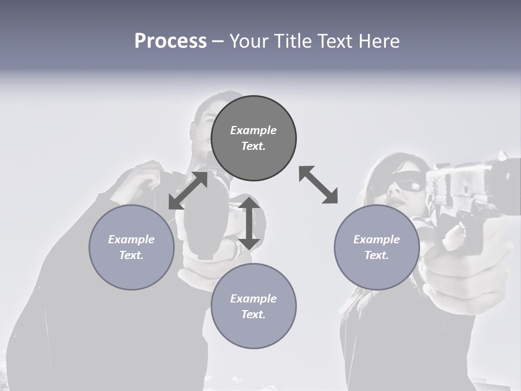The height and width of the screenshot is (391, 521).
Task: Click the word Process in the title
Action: (x=170, y=41)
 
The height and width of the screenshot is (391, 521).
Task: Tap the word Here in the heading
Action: (x=378, y=41)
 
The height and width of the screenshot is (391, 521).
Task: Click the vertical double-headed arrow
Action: (x=249, y=223)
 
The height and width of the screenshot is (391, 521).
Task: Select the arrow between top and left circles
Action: (x=188, y=191)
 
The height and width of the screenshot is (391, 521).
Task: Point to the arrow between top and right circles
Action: (x=318, y=185)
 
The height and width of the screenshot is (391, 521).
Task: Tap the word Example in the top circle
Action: (x=253, y=130)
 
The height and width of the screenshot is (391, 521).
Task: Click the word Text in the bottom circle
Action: (x=253, y=314)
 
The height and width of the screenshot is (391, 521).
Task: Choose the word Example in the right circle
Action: (x=377, y=239)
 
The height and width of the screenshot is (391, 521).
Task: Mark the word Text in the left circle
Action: (x=131, y=255)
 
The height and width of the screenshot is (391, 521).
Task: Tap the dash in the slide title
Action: (x=218, y=41)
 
